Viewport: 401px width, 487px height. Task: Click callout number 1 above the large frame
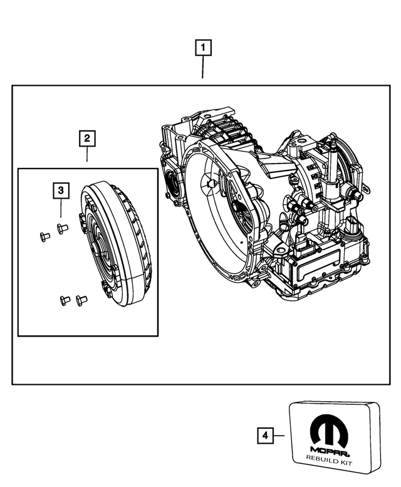coord(203,47)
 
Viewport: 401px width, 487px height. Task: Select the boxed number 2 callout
coord(86,137)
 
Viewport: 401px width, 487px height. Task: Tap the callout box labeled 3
coord(60,189)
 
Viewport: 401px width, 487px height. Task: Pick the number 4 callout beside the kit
coord(265,435)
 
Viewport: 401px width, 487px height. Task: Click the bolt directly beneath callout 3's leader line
coord(61,228)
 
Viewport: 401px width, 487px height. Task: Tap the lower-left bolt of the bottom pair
coord(63,300)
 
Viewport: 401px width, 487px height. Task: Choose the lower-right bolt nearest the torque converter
coord(79,300)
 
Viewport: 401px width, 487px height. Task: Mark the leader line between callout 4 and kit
coord(280,435)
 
